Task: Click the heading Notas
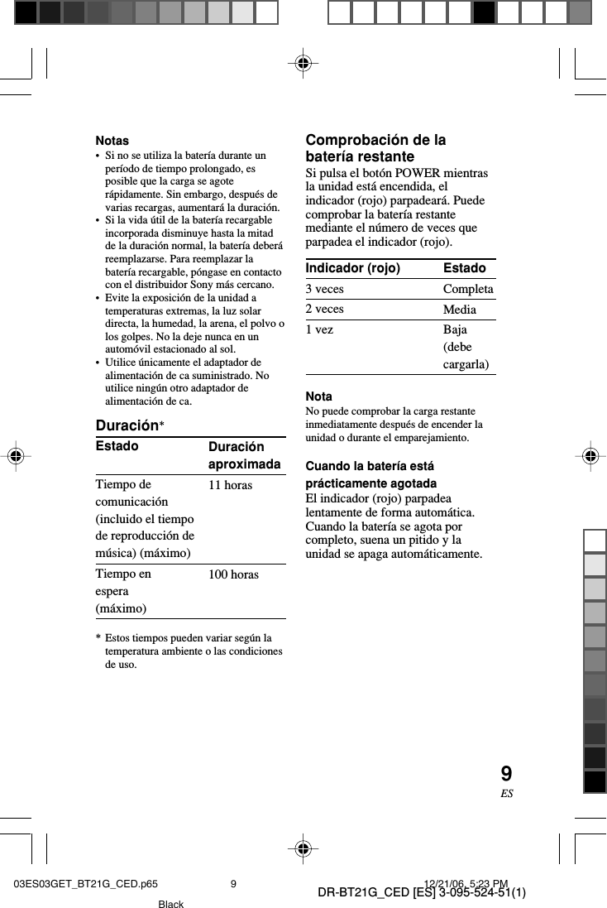[x=112, y=141]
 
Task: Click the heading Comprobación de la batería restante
[x=375, y=148]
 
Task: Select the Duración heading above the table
[x=127, y=426]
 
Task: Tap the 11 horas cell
[x=230, y=485]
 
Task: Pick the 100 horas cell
[x=233, y=574]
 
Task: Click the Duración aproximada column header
[x=244, y=456]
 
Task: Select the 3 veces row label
[x=325, y=289]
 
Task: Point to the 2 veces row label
[x=325, y=309]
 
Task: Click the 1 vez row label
[x=320, y=329]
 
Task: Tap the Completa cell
[x=468, y=289]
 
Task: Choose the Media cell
[x=460, y=310]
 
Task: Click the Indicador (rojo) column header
[x=353, y=268]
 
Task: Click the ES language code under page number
[x=506, y=793]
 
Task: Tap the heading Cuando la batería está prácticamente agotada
[x=371, y=474]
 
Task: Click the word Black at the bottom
[x=171, y=904]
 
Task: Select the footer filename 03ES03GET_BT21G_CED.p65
[x=86, y=884]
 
